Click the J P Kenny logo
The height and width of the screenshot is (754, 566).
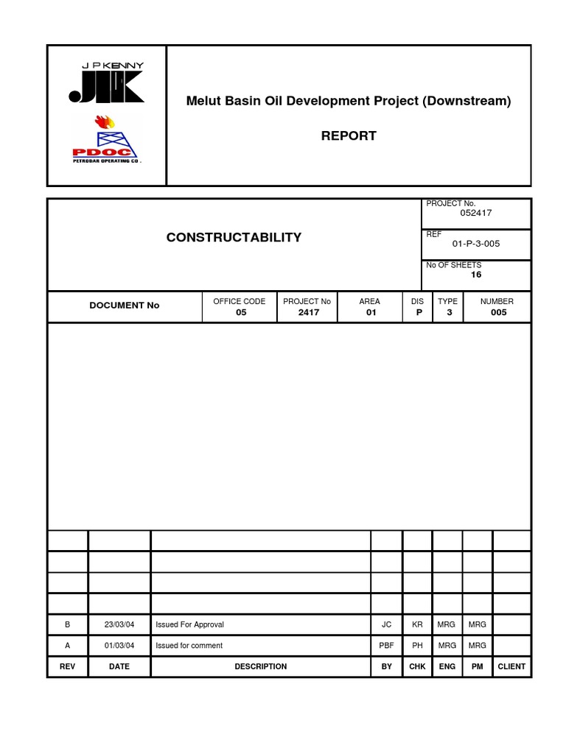tap(106, 83)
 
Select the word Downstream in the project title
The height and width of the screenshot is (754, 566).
tap(467, 101)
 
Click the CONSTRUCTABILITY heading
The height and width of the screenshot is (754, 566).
tap(234, 237)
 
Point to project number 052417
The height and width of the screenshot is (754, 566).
tap(475, 213)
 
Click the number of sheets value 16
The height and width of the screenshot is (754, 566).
tap(475, 275)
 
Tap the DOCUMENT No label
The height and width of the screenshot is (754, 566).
tap(124, 305)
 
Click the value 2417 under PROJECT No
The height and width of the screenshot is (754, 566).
tap(308, 312)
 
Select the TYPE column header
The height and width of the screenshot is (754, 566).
tap(447, 301)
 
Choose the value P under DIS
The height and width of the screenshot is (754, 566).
tap(417, 312)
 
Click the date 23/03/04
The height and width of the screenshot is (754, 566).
tap(119, 624)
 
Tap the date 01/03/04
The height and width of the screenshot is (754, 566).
tap(119, 646)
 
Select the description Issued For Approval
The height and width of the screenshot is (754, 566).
tap(189, 624)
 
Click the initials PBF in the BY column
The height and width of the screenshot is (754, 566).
tap(386, 646)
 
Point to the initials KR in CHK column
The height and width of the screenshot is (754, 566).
tap(417, 624)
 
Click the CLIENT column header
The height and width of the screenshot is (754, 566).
tap(511, 666)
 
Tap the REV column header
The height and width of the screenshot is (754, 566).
tap(67, 666)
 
